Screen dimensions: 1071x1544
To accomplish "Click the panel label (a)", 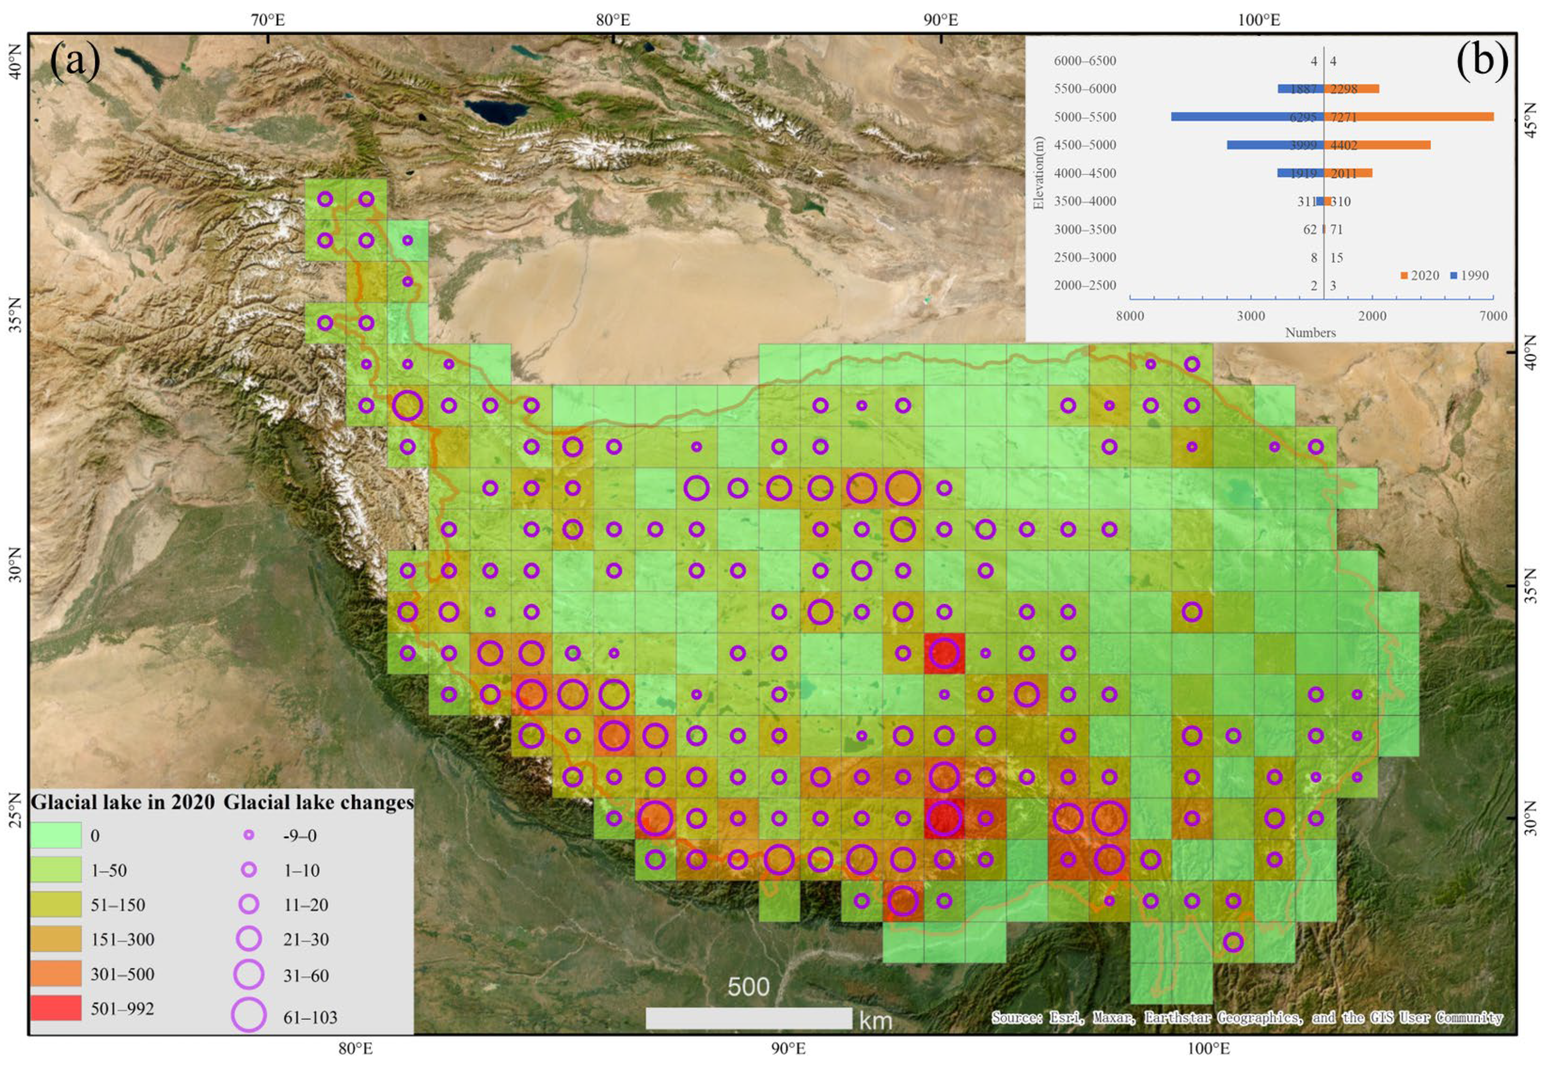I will [x=75, y=62].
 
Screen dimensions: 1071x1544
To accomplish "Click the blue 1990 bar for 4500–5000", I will [x=1274, y=145].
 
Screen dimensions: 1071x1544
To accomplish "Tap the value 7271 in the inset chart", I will [x=1344, y=118].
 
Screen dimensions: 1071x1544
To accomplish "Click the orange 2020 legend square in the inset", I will [x=1404, y=276].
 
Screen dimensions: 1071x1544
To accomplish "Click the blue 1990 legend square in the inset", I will [x=1453, y=276].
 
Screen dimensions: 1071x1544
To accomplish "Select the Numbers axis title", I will [x=1310, y=333].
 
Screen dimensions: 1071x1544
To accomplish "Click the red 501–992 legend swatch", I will [x=56, y=1008].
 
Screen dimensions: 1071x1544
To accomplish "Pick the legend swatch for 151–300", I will [x=56, y=939].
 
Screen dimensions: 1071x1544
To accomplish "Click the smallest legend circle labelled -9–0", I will [x=249, y=835].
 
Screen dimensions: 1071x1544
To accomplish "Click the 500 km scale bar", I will [x=748, y=1018].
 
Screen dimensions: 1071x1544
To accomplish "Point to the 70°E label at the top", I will [x=268, y=20].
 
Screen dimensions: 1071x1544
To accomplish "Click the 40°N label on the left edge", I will [x=15, y=62].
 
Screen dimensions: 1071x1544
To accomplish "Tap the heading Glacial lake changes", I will [x=318, y=802].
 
